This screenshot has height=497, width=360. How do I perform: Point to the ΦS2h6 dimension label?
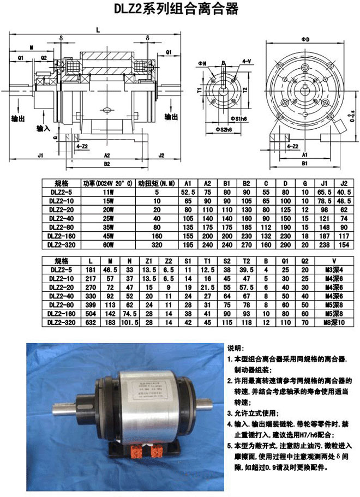pos(224,129)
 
